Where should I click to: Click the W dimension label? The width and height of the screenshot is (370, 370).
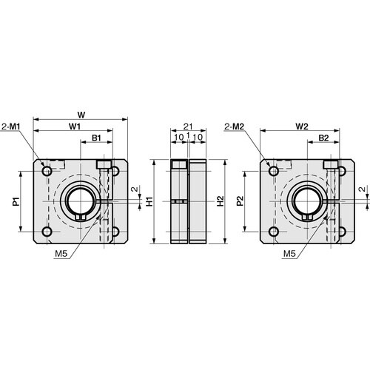[x=81, y=115]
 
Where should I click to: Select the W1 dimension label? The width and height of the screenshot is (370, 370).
[x=75, y=127]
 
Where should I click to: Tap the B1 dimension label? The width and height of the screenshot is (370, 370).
[x=96, y=138]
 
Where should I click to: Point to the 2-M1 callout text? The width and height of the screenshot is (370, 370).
[x=11, y=127]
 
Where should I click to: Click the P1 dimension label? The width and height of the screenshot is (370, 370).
[x=16, y=201]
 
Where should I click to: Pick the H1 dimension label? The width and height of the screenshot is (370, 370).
[x=149, y=201]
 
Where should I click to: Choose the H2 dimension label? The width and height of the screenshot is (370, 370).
[x=220, y=201]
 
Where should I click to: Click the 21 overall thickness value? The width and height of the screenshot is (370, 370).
[x=188, y=127]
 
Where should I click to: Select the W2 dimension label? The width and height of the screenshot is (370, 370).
[x=302, y=127]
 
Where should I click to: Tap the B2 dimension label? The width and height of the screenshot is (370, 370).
[x=323, y=138]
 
